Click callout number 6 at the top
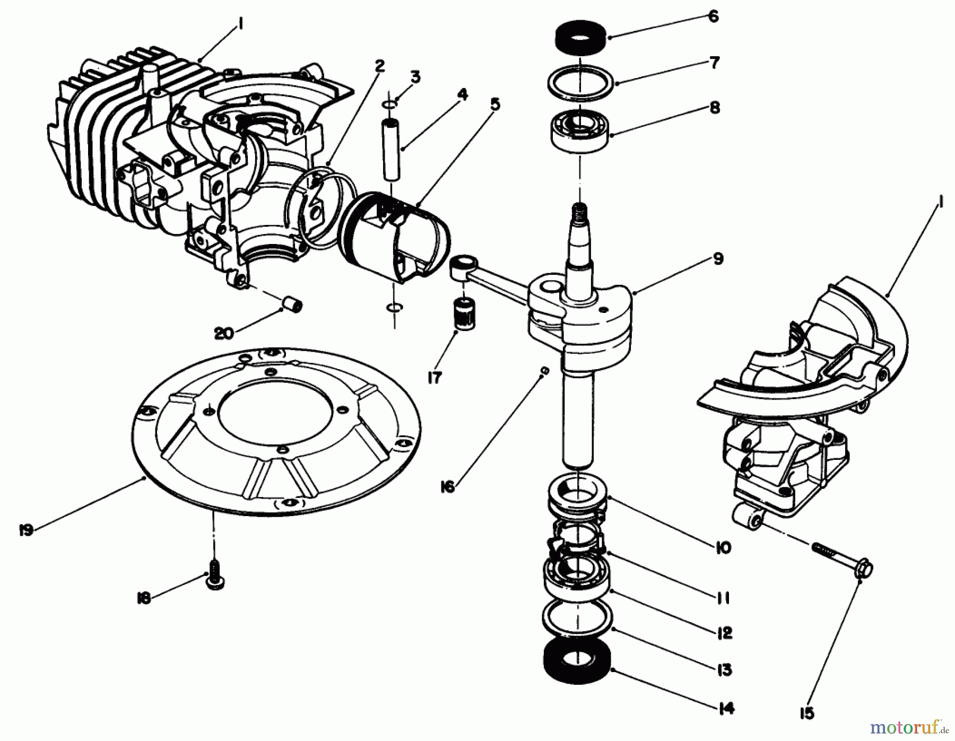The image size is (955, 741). tap(714, 16)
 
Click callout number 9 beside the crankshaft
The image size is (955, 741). tap(718, 259)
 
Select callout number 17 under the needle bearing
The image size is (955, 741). tap(434, 378)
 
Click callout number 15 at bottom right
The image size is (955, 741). tap(806, 714)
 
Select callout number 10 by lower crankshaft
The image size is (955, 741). tap(723, 547)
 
